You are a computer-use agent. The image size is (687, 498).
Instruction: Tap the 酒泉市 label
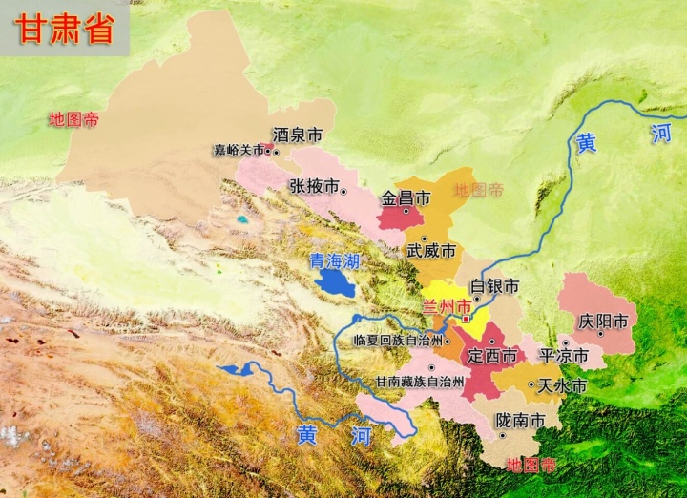point(297,136)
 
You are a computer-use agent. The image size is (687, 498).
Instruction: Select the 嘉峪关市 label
point(239,150)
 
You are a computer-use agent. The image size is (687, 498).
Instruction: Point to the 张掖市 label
point(314,186)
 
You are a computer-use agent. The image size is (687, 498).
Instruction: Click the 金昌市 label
point(406,198)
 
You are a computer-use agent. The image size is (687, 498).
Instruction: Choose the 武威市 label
point(431,251)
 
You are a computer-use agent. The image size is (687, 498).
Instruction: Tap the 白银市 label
point(495,286)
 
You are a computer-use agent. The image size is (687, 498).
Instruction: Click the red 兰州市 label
point(447,307)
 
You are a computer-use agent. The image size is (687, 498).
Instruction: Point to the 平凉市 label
point(567,356)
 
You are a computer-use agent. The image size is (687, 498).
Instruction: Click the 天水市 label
point(562,385)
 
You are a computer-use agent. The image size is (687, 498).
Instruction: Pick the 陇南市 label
point(521,421)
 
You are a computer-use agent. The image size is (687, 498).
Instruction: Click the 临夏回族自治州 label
point(398,340)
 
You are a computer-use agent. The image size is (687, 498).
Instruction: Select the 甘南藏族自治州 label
point(420,382)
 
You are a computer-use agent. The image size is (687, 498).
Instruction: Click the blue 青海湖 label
point(334,259)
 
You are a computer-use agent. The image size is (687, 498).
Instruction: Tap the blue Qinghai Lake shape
point(336,281)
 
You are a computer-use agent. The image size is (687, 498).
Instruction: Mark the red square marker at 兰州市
point(466,319)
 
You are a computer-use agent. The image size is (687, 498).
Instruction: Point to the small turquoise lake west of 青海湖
point(243,220)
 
